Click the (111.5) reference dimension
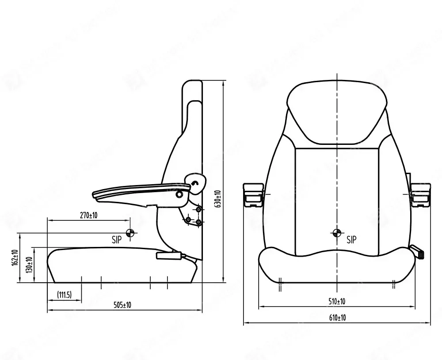[64, 295]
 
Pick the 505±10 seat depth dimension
[122, 305]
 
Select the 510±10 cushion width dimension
[337, 301]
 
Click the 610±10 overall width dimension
[337, 318]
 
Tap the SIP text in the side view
[117, 240]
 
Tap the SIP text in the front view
[351, 240]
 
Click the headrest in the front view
[337, 113]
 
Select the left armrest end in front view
[253, 194]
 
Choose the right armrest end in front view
[420, 194]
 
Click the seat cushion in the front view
[337, 267]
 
